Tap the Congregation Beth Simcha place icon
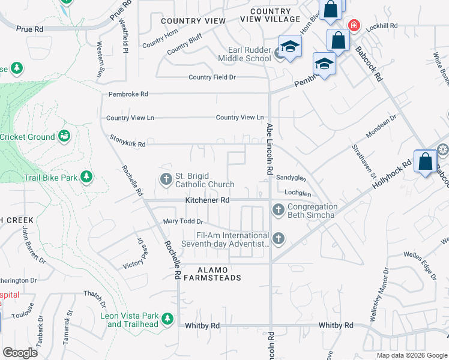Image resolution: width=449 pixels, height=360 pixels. point(278,210)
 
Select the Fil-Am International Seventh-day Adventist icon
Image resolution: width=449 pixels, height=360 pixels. point(278,239)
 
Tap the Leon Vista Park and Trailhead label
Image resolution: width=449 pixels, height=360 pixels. point(139,320)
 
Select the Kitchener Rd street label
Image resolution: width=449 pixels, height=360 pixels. point(207,200)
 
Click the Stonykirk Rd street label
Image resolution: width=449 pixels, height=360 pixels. point(127,145)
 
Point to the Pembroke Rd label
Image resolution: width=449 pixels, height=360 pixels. point(128,94)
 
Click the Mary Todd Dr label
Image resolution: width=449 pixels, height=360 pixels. point(179,222)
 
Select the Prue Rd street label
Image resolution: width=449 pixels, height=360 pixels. point(30,29)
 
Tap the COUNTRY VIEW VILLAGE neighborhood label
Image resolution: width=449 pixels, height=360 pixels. point(270,16)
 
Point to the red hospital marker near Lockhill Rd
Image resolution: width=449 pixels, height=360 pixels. point(354,25)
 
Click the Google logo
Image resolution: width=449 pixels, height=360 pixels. point(20,353)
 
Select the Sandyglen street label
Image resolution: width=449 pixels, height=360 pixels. point(291,178)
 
